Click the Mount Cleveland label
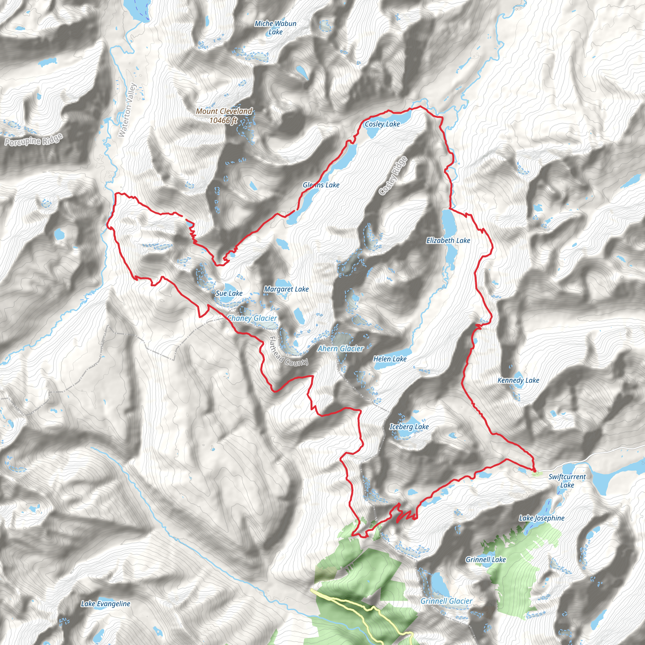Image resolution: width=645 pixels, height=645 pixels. point(224,116)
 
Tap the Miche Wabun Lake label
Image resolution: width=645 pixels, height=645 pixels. point(276,28)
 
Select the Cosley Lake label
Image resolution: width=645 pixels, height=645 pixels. point(382,124)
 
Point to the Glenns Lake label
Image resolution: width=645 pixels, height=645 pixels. point(321,185)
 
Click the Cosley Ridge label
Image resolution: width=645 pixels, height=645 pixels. point(394,176)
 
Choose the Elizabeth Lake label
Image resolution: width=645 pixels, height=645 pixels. point(448,240)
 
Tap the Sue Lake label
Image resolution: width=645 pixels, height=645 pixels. point(229,294)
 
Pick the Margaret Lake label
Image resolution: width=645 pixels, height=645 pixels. point(286,289)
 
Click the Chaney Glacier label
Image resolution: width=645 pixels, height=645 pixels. point(252,318)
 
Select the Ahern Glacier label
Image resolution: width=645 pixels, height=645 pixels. point(340,349)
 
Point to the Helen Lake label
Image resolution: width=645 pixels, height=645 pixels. point(390,359)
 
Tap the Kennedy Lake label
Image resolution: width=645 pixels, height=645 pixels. point(518,380)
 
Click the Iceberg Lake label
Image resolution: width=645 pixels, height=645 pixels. point(409,427)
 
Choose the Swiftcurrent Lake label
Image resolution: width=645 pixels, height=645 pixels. point(567,481)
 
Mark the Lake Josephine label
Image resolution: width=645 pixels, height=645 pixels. point(541,518)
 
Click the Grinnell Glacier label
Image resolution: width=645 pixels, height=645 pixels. point(446,601)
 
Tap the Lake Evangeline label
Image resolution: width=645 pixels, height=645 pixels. point(106,604)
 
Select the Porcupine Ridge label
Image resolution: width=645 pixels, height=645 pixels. point(34,140)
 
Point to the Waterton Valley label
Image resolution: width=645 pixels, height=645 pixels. point(128,110)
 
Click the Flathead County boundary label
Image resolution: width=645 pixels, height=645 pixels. point(288,351)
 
